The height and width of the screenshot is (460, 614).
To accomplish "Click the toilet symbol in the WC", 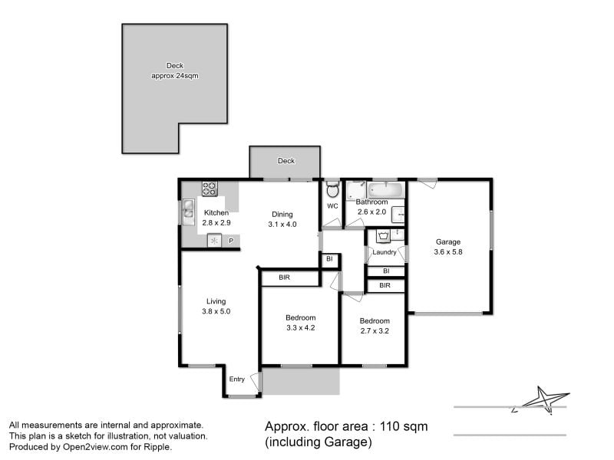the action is pos(332,189).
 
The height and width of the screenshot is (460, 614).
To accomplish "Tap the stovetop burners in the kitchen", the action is pos(210,189).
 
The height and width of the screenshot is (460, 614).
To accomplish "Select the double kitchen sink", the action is pos(188,212).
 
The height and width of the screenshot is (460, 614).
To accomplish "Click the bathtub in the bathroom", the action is pos(386,190).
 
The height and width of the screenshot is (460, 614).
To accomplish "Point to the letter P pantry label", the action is pos(231,241).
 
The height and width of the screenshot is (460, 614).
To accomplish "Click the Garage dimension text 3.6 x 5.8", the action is pos(448,252).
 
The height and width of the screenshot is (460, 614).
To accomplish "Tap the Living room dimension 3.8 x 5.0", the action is pos(216,311).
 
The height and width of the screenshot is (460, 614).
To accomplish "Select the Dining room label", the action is pos(282,215).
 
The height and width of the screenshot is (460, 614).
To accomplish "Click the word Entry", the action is pos(237,379).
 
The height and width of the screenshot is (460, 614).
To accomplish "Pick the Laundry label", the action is pos(385,252).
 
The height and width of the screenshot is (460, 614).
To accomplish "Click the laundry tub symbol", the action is pos(383,236).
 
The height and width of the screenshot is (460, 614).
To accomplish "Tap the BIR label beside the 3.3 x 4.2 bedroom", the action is pos(284,278).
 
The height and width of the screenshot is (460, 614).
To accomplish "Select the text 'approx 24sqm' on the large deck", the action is pos(175,76).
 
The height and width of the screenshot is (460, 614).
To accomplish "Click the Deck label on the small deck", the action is pos(286,161).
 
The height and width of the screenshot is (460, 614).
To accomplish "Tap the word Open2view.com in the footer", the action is pos(95,447).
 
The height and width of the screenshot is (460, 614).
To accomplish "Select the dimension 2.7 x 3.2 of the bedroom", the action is pos(375,331).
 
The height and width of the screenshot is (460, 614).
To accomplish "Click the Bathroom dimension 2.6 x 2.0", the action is pos(371,212).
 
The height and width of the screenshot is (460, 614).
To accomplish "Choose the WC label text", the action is pos(332,206).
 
